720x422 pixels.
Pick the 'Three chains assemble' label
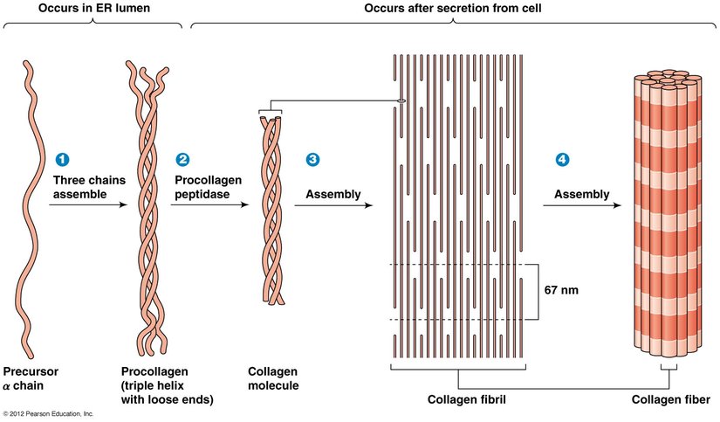[84, 186]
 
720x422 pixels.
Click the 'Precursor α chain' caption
[31, 378]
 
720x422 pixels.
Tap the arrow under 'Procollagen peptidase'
[209, 206]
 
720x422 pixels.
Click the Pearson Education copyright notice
[48, 413]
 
